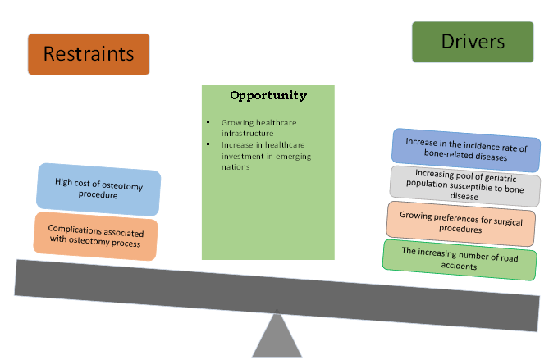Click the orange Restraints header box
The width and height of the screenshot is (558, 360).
click(89, 54)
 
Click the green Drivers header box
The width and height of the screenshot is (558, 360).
click(472, 42)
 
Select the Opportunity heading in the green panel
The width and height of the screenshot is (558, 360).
click(268, 96)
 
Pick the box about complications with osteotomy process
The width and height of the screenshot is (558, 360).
click(96, 236)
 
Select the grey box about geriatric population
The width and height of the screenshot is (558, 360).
click(464, 185)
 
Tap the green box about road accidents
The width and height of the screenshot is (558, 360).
click(460, 259)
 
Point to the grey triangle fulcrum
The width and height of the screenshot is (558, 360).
click(277, 336)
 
